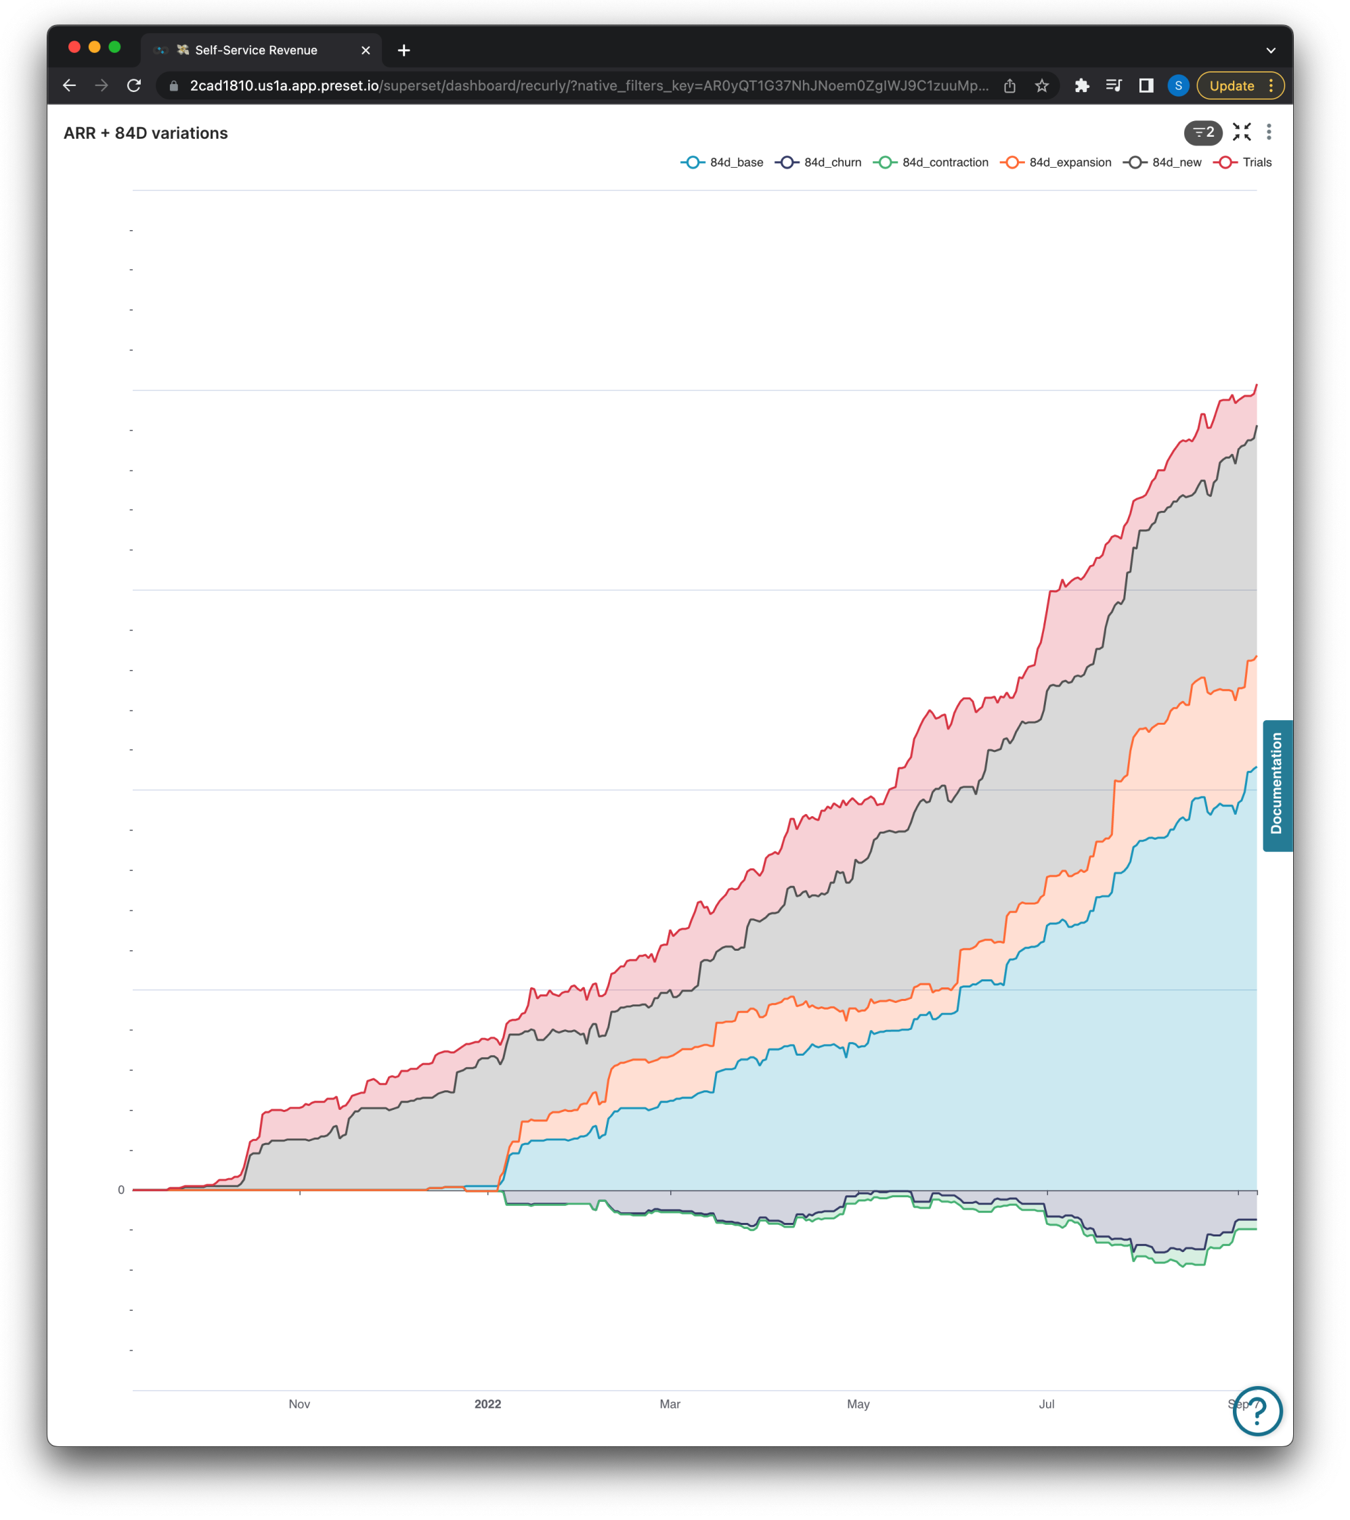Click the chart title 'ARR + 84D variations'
point(146,133)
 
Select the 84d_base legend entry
point(722,163)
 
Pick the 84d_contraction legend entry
point(931,163)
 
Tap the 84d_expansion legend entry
point(1056,163)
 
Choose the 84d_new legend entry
point(1162,163)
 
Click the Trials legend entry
point(1243,163)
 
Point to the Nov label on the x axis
point(299,1404)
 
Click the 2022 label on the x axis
point(488,1404)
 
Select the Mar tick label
point(670,1404)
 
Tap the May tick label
point(858,1404)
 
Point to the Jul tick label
point(1047,1404)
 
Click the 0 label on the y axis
point(121,1190)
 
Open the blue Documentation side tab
point(1277,784)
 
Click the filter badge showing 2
point(1202,133)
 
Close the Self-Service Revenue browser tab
point(365,50)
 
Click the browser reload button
point(134,85)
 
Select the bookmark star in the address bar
point(1041,85)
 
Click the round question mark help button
point(1257,1410)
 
